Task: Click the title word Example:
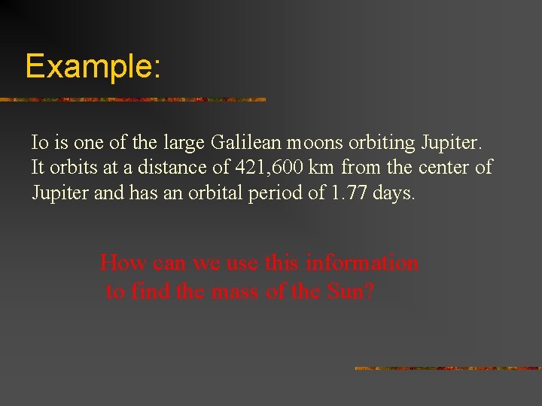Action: pyautogui.click(x=93, y=66)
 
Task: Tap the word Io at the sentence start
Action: pyautogui.click(x=39, y=141)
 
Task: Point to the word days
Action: pyautogui.click(x=394, y=192)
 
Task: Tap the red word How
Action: pyautogui.click(x=123, y=263)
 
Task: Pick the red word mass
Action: pyautogui.click(x=217, y=291)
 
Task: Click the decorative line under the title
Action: pyautogui.click(x=132, y=99)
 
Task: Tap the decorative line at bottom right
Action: pyautogui.click(x=447, y=368)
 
